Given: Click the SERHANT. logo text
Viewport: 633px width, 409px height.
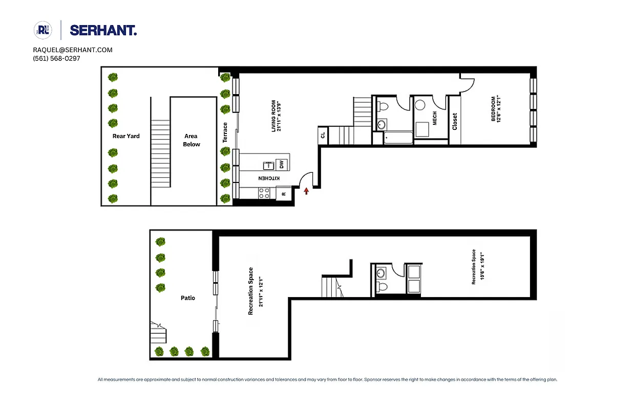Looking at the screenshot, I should (x=103, y=31).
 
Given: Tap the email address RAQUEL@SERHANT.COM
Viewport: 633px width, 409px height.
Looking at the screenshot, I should (x=73, y=50).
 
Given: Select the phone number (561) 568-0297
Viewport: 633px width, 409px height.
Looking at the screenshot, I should (x=56, y=58).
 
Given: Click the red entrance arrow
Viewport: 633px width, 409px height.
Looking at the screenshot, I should (x=306, y=191).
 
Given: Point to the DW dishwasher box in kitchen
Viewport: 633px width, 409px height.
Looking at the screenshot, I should (x=281, y=165).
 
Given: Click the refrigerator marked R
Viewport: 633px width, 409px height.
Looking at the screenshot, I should (x=284, y=194).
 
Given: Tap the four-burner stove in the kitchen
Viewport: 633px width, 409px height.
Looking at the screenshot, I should (x=264, y=193).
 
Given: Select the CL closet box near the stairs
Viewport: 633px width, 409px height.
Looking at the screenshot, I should (x=323, y=135).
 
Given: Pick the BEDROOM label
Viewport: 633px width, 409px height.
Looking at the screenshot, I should (x=496, y=109).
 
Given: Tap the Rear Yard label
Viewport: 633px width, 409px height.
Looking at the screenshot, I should (x=126, y=136).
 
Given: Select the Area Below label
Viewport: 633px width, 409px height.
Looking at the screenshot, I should (x=192, y=140).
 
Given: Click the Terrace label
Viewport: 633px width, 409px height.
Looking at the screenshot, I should (x=225, y=132).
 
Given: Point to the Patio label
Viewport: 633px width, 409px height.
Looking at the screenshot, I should (x=188, y=298).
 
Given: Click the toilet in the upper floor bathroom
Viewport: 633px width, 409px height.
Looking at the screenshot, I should (x=382, y=106).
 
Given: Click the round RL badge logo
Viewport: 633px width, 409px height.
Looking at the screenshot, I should (x=43, y=30).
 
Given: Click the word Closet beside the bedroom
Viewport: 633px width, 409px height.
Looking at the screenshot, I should (x=454, y=121).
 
